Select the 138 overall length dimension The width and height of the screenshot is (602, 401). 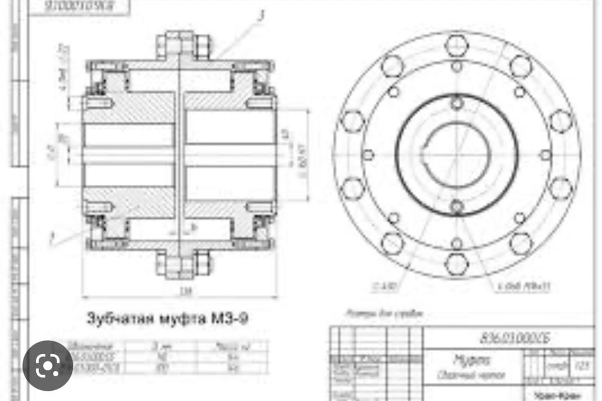(x=180, y=290)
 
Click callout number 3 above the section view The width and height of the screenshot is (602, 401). (x=259, y=16)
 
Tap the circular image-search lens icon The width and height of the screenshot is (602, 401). (x=48, y=365)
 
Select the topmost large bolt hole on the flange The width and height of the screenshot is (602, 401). (x=457, y=45)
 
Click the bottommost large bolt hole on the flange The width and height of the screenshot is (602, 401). (x=457, y=264)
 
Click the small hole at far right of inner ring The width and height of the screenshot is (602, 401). (x=545, y=155)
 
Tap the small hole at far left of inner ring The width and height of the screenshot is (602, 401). (x=368, y=155)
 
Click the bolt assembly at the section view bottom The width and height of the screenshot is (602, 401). (x=182, y=264)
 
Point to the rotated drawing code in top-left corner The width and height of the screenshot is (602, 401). (x=81, y=7)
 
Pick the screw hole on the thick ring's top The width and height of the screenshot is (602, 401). (x=457, y=103)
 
